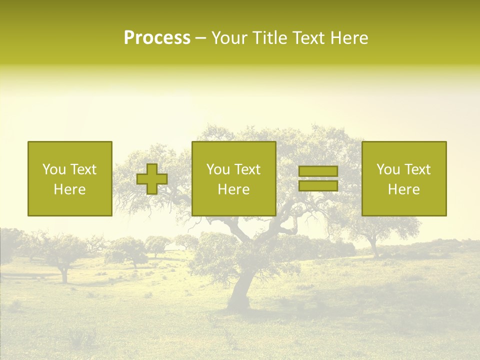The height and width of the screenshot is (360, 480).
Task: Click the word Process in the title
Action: (x=157, y=38)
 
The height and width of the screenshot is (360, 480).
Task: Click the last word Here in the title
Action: (x=350, y=38)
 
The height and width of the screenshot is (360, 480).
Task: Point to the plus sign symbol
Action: (x=152, y=179)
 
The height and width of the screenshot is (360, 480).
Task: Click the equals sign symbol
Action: (x=318, y=178)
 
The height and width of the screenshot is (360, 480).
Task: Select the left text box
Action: (x=69, y=178)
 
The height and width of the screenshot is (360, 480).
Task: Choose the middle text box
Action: (x=233, y=178)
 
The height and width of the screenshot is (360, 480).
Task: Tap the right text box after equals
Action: (x=404, y=178)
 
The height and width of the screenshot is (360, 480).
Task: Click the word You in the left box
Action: (x=54, y=169)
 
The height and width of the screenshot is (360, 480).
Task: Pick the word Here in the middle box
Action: (x=233, y=189)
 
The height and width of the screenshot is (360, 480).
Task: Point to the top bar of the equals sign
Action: (x=318, y=171)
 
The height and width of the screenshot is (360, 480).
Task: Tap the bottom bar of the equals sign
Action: (x=318, y=186)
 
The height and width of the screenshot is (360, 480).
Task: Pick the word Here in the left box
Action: (x=69, y=189)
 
